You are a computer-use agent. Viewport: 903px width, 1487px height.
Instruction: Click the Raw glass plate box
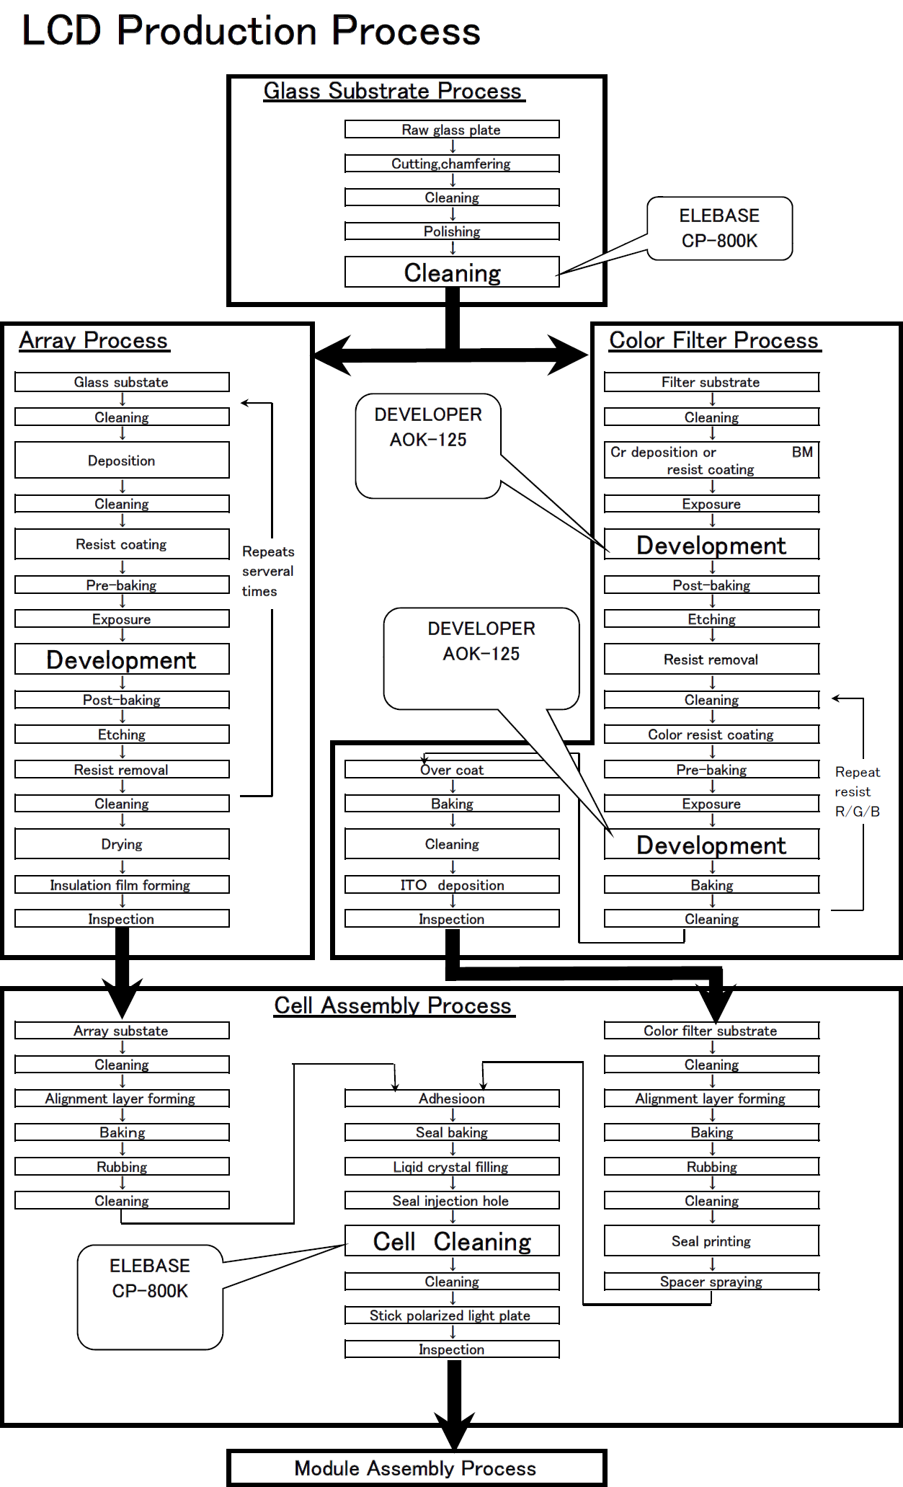[452, 130]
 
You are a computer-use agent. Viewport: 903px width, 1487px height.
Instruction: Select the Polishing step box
[452, 231]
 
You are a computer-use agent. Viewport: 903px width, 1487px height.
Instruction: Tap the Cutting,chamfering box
[452, 164]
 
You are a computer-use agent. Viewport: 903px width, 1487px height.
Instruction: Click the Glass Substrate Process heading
[393, 92]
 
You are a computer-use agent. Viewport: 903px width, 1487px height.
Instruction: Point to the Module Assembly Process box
[416, 1468]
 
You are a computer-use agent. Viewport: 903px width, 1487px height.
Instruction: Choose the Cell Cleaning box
[452, 1241]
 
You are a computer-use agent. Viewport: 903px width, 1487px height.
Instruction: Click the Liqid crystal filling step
[452, 1167]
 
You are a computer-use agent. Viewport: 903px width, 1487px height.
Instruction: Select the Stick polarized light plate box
[452, 1315]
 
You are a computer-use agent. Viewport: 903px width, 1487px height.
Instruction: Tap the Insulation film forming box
[121, 885]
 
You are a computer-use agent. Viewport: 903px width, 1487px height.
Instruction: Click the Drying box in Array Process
[121, 844]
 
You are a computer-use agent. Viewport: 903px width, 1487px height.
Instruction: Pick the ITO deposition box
[452, 885]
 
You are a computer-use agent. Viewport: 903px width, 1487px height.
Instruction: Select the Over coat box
[452, 770]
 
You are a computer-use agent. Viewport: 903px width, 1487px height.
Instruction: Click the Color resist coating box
[711, 734]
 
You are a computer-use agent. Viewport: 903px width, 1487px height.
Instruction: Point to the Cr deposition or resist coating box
[711, 461]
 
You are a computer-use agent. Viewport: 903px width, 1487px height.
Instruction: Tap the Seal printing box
[711, 1241]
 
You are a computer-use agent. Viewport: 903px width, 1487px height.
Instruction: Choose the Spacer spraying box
[711, 1282]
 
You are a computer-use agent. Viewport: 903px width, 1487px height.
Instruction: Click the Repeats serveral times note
[267, 571]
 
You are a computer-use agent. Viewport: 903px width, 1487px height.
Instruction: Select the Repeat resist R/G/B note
[858, 791]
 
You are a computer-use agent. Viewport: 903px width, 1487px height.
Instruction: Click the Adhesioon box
[452, 1098]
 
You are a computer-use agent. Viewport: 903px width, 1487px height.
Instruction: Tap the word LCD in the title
[61, 31]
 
